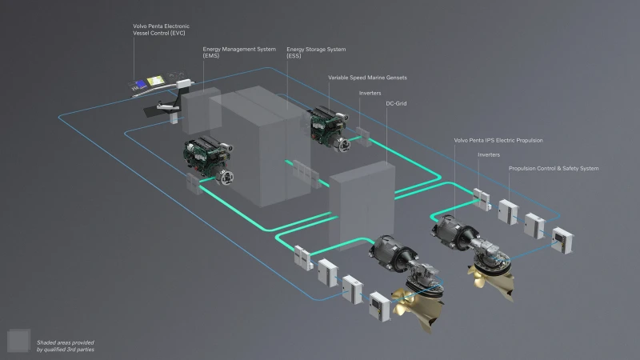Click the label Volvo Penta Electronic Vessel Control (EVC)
pyautogui.click(x=162, y=30)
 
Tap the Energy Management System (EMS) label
pyautogui.click(x=239, y=52)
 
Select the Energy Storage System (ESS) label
pyautogui.click(x=316, y=52)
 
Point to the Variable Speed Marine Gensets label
pyautogui.click(x=367, y=78)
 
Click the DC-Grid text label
pyautogui.click(x=396, y=104)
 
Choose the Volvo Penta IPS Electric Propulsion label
pyautogui.click(x=498, y=141)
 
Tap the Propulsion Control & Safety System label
pyautogui.click(x=554, y=168)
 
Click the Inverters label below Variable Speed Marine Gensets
pyautogui.click(x=370, y=93)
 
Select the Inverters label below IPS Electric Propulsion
pyautogui.click(x=489, y=154)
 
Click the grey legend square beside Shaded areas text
pyautogui.click(x=18, y=341)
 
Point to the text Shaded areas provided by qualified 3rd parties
pyautogui.click(x=66, y=346)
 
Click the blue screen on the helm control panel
pyautogui.click(x=141, y=84)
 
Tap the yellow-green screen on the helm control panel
pyautogui.click(x=155, y=81)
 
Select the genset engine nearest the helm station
pyautogui.click(x=209, y=159)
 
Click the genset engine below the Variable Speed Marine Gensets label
pyautogui.click(x=329, y=128)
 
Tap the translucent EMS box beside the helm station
pyautogui.click(x=202, y=110)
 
